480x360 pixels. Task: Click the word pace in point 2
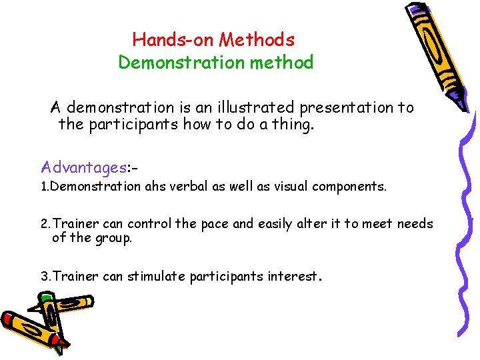(x=215, y=224)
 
